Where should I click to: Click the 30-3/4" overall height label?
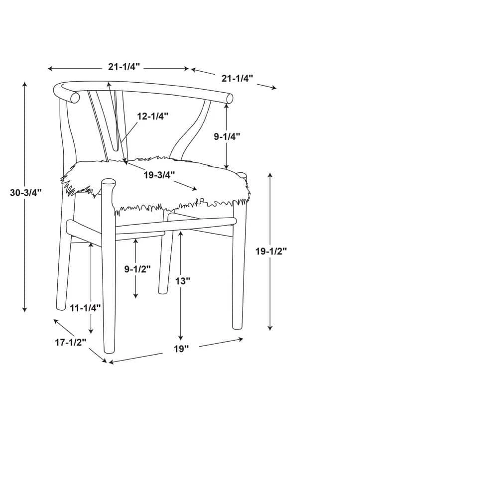click(x=26, y=192)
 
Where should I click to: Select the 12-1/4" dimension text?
click(x=152, y=116)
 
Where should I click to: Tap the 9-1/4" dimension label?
click(x=227, y=136)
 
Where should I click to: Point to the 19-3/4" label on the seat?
click(x=159, y=175)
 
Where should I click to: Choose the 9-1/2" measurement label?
click(x=137, y=269)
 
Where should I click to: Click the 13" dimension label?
click(x=183, y=281)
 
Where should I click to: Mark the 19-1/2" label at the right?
click(x=271, y=251)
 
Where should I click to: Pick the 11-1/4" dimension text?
click(x=85, y=307)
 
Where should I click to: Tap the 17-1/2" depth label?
click(x=71, y=343)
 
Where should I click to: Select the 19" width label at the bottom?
click(x=181, y=349)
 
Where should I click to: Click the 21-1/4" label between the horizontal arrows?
click(x=124, y=67)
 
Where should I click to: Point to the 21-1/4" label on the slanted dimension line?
click(x=237, y=78)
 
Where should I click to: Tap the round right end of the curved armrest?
click(x=229, y=99)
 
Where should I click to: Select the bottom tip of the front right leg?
click(x=237, y=328)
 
